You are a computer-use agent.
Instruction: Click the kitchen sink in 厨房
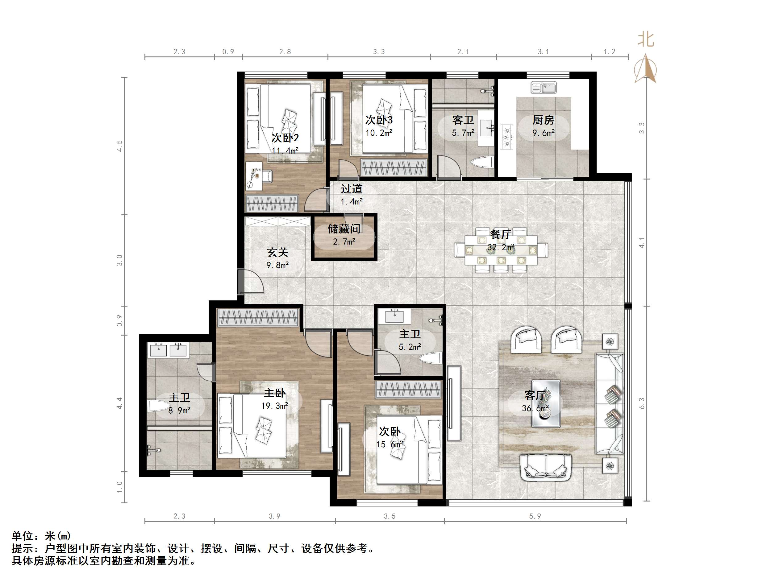point(544,88)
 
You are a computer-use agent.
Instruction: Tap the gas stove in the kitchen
point(506,137)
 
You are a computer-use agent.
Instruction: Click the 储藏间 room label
point(344,229)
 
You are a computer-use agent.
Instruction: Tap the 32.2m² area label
point(501,247)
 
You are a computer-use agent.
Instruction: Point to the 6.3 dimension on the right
point(642,403)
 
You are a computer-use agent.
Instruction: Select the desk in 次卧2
point(254,176)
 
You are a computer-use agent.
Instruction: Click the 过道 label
point(351,189)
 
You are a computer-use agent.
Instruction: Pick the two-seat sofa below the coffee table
point(546,467)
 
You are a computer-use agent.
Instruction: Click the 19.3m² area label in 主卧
point(275,406)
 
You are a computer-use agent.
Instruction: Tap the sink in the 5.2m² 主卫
point(394,316)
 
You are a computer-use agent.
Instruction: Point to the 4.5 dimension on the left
point(119,146)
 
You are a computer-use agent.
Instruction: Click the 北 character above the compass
point(645,40)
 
